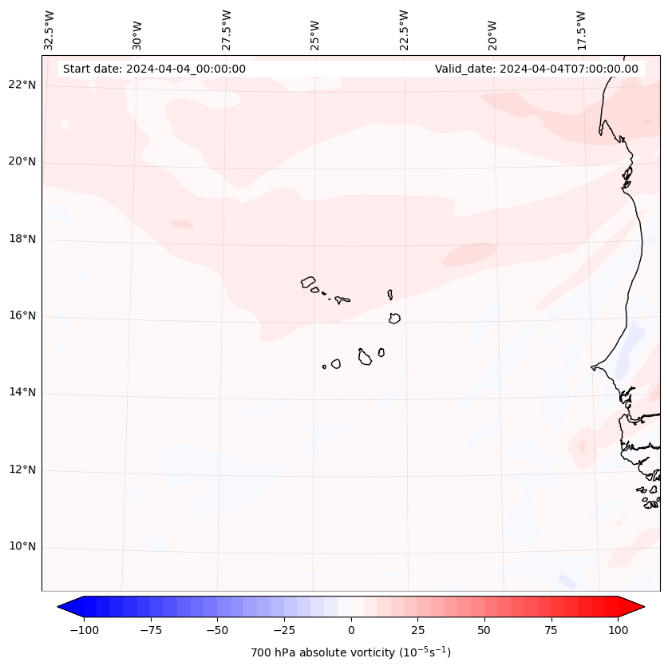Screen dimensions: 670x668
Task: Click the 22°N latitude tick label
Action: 22,85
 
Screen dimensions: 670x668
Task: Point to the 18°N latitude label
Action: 22,239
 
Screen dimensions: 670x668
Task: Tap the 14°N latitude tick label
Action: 22,393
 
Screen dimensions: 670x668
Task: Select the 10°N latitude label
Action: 22,547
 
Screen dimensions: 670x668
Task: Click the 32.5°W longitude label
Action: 49,30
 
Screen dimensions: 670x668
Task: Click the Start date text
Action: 154,69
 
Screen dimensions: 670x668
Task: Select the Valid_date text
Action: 536,69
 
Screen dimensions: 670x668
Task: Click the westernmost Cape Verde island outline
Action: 308,282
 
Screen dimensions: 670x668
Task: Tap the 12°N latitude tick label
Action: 22,470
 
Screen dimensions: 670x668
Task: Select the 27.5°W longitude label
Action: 227,30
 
